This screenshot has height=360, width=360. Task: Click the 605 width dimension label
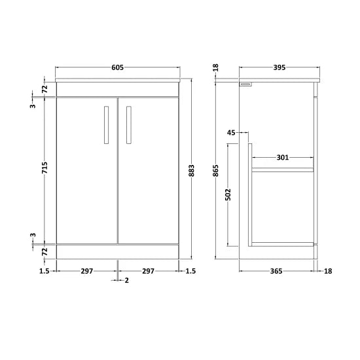coord(118,67)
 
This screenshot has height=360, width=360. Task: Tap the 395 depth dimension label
coord(279,67)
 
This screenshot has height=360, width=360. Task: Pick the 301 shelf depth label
coord(283,157)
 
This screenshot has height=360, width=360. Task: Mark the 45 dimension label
coord(230,133)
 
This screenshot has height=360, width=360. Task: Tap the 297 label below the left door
coord(87,271)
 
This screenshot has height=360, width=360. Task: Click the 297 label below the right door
coord(149,271)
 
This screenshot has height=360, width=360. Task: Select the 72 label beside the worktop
coord(45,88)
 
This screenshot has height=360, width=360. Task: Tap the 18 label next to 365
coord(328,271)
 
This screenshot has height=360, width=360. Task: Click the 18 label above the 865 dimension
coord(216,67)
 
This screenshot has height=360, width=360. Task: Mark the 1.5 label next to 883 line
coord(190,271)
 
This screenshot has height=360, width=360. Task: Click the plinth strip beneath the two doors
coord(118,251)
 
